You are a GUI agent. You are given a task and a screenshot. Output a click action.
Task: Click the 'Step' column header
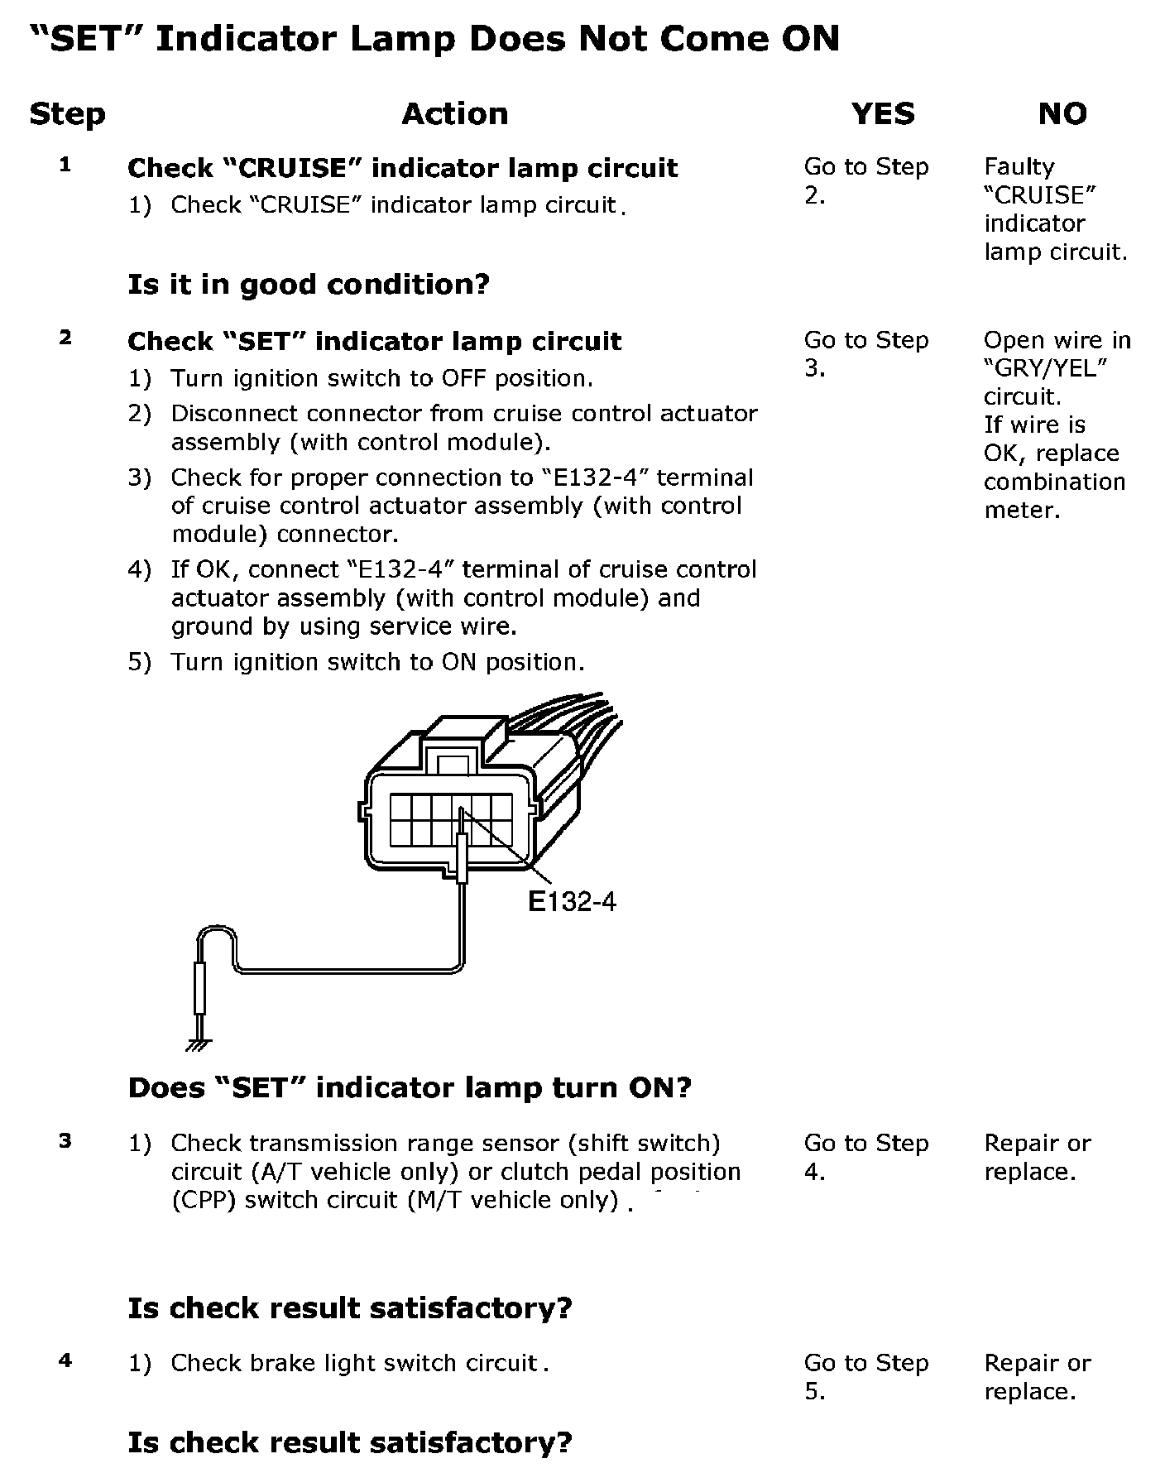tap(67, 114)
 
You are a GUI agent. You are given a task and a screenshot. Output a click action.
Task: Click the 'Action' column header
tap(454, 114)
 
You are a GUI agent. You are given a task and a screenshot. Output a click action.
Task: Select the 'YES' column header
tap(883, 114)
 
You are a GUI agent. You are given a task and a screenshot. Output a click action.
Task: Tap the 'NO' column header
tap(1062, 114)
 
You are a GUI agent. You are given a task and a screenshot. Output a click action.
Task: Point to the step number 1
tap(65, 165)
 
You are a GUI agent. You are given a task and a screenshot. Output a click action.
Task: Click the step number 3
tap(65, 1141)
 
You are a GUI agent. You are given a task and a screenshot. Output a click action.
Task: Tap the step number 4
tap(65, 1360)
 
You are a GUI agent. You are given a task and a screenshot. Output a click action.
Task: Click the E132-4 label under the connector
tap(572, 901)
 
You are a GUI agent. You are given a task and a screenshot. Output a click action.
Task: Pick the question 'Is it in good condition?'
tap(309, 285)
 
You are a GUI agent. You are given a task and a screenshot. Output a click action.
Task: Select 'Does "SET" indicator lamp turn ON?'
tap(410, 1087)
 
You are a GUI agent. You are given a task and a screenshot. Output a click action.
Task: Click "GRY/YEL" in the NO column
tap(1046, 368)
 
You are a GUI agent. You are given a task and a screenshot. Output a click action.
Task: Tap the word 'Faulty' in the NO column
tap(1019, 167)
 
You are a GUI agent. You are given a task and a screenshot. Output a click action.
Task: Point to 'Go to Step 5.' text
tap(865, 1377)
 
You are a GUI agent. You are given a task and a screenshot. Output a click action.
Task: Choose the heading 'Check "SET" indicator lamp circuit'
tap(374, 341)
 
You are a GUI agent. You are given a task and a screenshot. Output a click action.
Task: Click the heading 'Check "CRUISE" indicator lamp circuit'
tap(402, 168)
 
